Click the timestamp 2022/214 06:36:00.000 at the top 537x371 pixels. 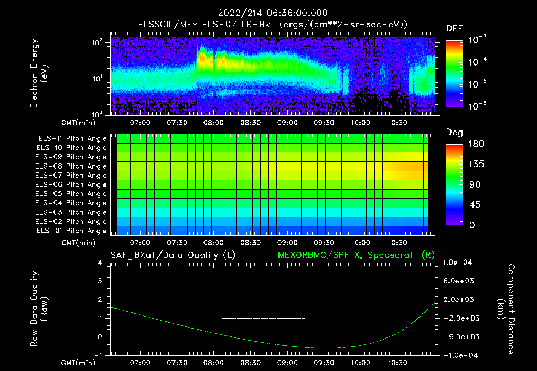[x=269, y=13]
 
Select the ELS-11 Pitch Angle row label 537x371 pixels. [x=71, y=138]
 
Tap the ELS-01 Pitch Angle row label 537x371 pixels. [x=71, y=231]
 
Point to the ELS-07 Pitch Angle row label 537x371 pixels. [x=71, y=175]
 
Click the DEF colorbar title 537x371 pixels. [x=454, y=28]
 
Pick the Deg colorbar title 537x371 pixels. [x=454, y=133]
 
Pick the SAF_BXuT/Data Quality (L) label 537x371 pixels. [x=173, y=255]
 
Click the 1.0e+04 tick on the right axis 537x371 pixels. [x=459, y=263]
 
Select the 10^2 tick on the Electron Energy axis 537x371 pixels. [x=98, y=43]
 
